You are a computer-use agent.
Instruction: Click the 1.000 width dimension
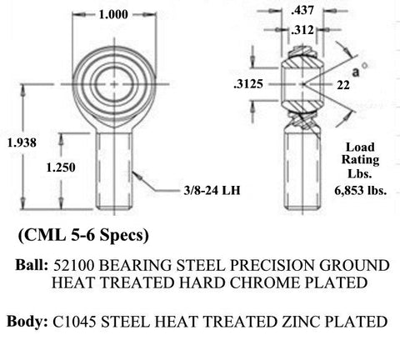click(113, 14)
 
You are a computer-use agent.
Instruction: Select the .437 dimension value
click(302, 10)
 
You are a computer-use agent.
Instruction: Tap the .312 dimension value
click(302, 30)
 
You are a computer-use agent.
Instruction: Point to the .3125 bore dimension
click(248, 84)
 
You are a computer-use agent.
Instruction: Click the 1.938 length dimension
click(22, 142)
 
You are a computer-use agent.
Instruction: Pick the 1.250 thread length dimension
click(61, 167)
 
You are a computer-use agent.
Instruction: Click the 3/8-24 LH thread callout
click(212, 191)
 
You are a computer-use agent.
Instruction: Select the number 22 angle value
click(343, 85)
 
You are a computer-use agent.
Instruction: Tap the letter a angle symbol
click(356, 72)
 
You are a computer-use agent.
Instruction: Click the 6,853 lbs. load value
click(361, 191)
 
